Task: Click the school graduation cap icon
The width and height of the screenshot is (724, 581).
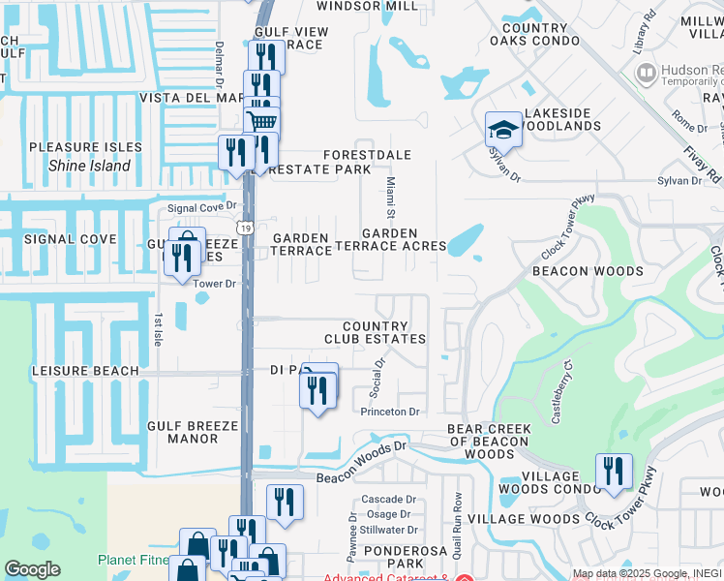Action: [x=503, y=129]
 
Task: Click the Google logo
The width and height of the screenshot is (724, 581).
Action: [x=32, y=569]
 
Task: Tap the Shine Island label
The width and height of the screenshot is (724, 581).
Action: [x=89, y=166]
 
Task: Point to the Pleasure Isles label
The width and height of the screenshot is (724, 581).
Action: [x=85, y=147]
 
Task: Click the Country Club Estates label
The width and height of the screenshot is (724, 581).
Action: [x=375, y=332]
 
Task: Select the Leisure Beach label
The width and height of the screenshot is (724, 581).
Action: [x=85, y=371]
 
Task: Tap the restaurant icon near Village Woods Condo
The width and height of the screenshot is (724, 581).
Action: [x=613, y=471]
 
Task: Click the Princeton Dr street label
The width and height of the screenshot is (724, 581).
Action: [x=389, y=412]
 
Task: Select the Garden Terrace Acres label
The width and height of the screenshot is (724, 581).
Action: [x=404, y=239]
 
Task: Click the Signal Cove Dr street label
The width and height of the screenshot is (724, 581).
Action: [x=201, y=206]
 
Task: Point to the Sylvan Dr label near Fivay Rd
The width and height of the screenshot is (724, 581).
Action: [x=679, y=180]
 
